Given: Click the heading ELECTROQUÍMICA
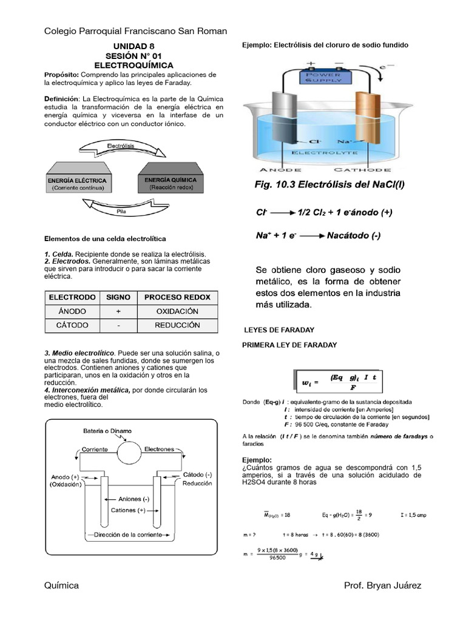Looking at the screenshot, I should (133, 65).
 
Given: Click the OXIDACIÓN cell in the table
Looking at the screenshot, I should (177, 311).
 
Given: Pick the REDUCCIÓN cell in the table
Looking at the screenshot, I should (177, 325).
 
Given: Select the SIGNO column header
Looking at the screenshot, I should (118, 297).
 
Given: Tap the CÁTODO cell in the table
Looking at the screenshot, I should (72, 325).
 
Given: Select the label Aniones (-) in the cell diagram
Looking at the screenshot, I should (133, 499).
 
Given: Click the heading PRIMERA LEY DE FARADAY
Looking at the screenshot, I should (289, 345).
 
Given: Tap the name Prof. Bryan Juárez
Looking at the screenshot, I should (382, 585).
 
